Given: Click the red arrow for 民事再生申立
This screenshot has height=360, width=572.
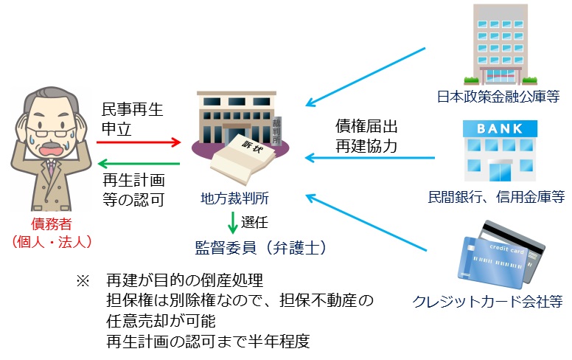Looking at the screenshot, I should (x=140, y=139).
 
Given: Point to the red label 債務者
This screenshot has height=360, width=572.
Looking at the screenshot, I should (x=51, y=224).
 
